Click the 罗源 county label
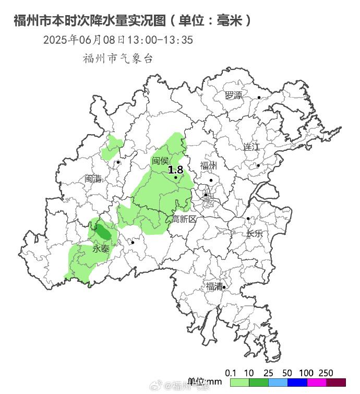click(x=233, y=95)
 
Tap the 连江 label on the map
click(x=251, y=147)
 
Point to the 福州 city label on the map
click(x=208, y=166)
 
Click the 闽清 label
click(x=93, y=178)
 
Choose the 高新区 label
click(x=184, y=219)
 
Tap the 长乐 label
click(x=255, y=233)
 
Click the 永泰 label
click(x=101, y=249)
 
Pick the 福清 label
click(x=213, y=286)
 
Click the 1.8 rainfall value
click(x=175, y=170)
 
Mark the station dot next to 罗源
click(x=259, y=97)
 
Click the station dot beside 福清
click(x=224, y=287)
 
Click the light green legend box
click(x=239, y=383)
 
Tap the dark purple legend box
click(x=336, y=383)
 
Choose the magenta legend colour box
click(x=317, y=383)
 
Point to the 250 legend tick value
click(x=326, y=373)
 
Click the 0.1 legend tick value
click(x=230, y=373)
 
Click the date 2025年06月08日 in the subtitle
click(x=84, y=40)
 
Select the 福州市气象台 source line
click(x=118, y=58)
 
